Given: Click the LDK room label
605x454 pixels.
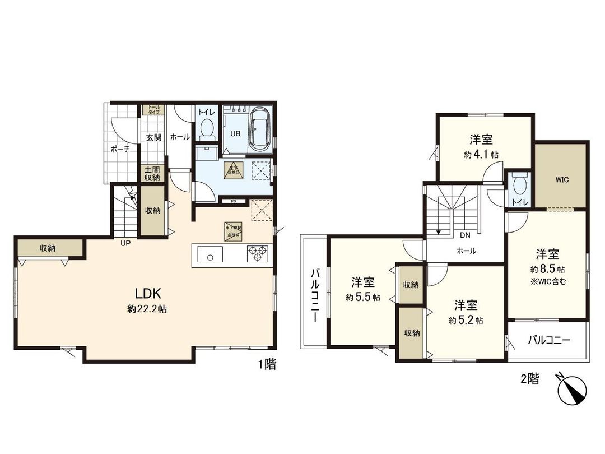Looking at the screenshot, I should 147,293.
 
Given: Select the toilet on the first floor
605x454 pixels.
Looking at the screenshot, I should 206,128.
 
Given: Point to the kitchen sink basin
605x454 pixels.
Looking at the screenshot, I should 211,257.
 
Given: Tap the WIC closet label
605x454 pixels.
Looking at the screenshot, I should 562,180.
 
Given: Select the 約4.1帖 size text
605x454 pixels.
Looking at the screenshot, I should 481,155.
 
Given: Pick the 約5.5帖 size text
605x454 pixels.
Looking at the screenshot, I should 363,297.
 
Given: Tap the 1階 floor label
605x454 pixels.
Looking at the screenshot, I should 267,365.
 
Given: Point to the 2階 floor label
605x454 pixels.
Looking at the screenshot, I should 529,379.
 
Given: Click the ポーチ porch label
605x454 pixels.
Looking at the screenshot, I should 120,149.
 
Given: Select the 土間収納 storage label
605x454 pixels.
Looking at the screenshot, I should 152,173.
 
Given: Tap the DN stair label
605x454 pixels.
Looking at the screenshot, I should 464,236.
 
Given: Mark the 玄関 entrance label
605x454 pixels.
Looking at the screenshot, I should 153,137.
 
